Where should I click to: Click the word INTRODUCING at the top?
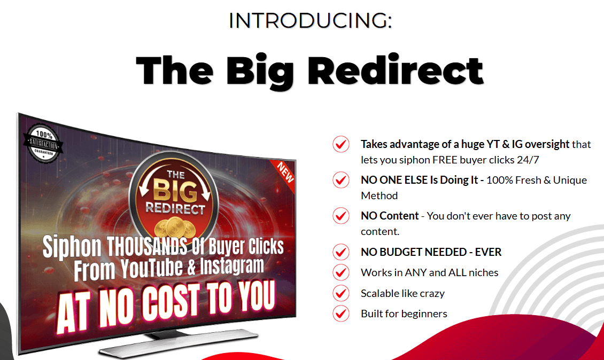tap(309, 21)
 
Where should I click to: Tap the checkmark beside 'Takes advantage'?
tap(341, 144)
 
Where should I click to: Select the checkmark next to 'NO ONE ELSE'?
tap(341, 180)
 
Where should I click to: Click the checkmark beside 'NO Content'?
tap(341, 216)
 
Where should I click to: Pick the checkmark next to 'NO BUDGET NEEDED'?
tap(341, 252)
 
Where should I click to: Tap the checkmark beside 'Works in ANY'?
tap(341, 272)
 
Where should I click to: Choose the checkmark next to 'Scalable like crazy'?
tap(341, 293)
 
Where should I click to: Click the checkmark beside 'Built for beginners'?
tap(341, 314)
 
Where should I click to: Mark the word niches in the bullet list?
tap(482, 272)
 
